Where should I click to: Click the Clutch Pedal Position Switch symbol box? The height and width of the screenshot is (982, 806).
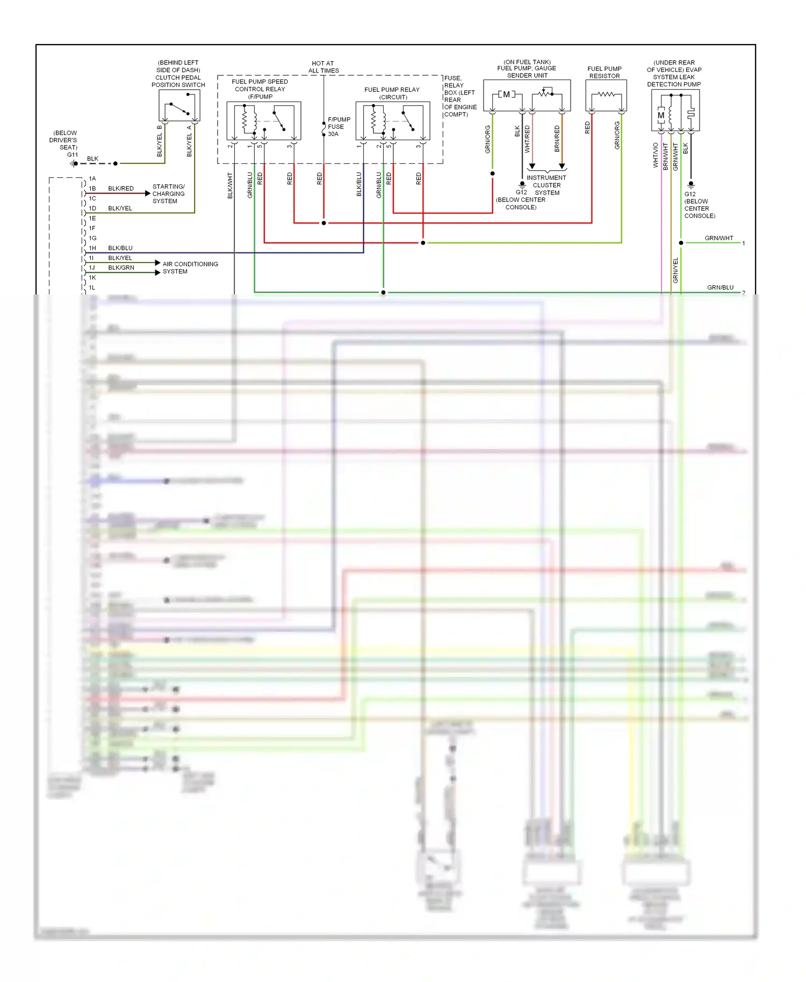[179, 105]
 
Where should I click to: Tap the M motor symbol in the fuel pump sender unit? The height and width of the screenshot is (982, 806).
[506, 95]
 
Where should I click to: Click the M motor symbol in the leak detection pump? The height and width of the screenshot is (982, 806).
[661, 115]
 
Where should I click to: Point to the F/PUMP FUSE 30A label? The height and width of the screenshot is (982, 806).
[339, 127]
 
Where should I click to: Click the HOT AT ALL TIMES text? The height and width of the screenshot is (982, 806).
[323, 67]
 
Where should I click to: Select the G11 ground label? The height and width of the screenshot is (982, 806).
[73, 155]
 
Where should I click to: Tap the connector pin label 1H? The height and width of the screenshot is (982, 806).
[92, 248]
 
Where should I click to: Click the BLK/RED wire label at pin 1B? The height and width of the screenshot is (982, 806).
[121, 189]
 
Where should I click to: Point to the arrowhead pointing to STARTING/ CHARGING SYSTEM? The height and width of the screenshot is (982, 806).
[148, 193]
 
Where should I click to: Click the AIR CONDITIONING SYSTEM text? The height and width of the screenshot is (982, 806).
[190, 268]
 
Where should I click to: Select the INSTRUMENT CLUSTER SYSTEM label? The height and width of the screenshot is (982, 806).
[546, 185]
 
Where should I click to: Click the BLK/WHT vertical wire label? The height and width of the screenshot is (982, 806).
[230, 185]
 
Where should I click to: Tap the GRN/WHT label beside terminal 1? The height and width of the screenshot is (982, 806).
[718, 238]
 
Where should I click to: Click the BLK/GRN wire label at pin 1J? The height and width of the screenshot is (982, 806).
[121, 268]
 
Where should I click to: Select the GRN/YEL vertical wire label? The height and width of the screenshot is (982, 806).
[675, 270]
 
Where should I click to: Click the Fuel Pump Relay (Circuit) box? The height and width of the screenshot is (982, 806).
[393, 121]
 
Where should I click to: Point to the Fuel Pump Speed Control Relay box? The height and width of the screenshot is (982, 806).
[263, 121]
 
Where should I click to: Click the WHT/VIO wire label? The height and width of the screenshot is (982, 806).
[656, 155]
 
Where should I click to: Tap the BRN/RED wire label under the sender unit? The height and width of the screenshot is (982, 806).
[557, 139]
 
